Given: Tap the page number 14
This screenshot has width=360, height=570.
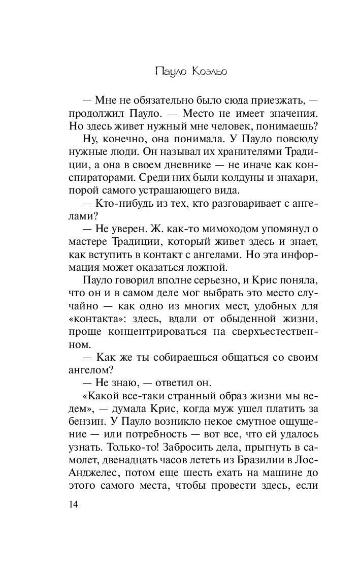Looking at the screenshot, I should [75, 505].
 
